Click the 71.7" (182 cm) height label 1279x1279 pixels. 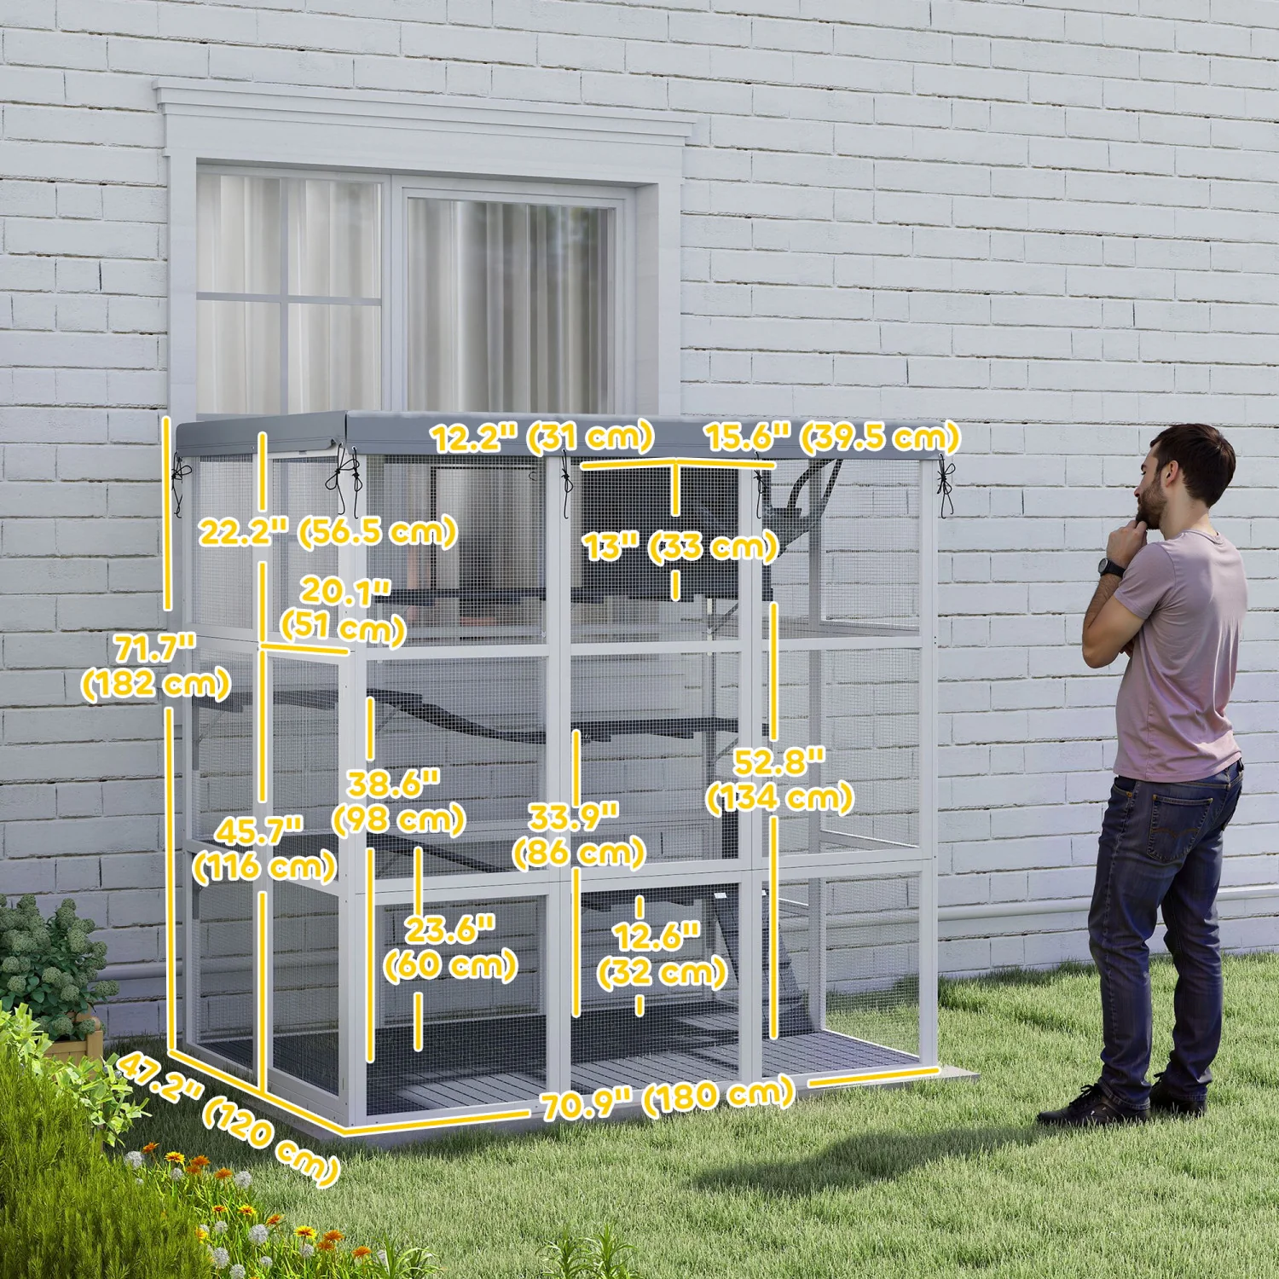coord(155,667)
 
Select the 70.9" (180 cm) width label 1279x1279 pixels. coord(668,1099)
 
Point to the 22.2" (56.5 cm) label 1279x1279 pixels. coord(328,532)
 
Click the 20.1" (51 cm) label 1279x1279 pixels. coord(344,610)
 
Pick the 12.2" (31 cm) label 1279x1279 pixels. coord(542,438)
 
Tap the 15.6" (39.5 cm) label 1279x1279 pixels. coord(832,437)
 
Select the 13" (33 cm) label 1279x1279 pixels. coord(680,547)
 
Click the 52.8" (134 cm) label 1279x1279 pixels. coord(779,779)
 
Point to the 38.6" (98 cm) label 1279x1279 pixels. coord(398,802)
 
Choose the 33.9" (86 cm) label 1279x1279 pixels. coord(578,835)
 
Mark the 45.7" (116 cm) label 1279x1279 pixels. coord(264,849)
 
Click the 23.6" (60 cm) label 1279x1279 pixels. coord(450,947)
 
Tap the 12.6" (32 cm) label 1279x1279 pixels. coord(661,954)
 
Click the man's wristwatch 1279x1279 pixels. coord(1111,567)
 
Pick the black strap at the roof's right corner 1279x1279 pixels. coord(945,486)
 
